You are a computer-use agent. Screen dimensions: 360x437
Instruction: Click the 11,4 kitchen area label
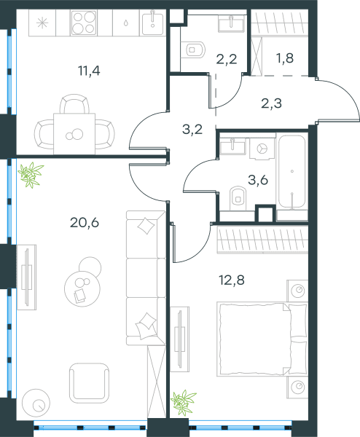click(x=89, y=71)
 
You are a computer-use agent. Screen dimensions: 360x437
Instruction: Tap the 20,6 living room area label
click(x=85, y=222)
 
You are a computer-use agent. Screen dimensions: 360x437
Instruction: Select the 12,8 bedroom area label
click(x=232, y=280)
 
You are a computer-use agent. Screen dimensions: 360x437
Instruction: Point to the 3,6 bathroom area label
click(x=258, y=180)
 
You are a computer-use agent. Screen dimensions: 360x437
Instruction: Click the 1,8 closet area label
click(x=285, y=58)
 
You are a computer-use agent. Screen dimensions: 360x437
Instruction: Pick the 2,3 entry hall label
click(x=271, y=103)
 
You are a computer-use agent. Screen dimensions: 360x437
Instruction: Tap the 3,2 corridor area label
click(x=192, y=130)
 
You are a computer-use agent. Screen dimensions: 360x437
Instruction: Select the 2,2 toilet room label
click(x=227, y=59)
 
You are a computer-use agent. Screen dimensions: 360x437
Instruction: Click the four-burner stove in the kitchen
click(x=84, y=23)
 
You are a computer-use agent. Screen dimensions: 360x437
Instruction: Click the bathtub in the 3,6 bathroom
click(x=292, y=172)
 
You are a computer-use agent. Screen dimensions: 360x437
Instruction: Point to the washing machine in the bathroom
click(x=262, y=149)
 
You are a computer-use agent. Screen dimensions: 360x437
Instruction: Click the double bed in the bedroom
click(x=262, y=339)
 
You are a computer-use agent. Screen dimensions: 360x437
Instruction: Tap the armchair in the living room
click(x=89, y=382)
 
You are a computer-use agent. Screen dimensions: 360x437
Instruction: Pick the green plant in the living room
click(x=31, y=175)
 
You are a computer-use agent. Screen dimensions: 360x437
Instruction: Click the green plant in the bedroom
click(x=183, y=402)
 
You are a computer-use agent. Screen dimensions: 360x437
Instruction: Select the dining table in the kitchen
click(x=74, y=134)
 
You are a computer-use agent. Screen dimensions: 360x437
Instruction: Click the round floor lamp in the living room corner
click(x=36, y=403)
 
